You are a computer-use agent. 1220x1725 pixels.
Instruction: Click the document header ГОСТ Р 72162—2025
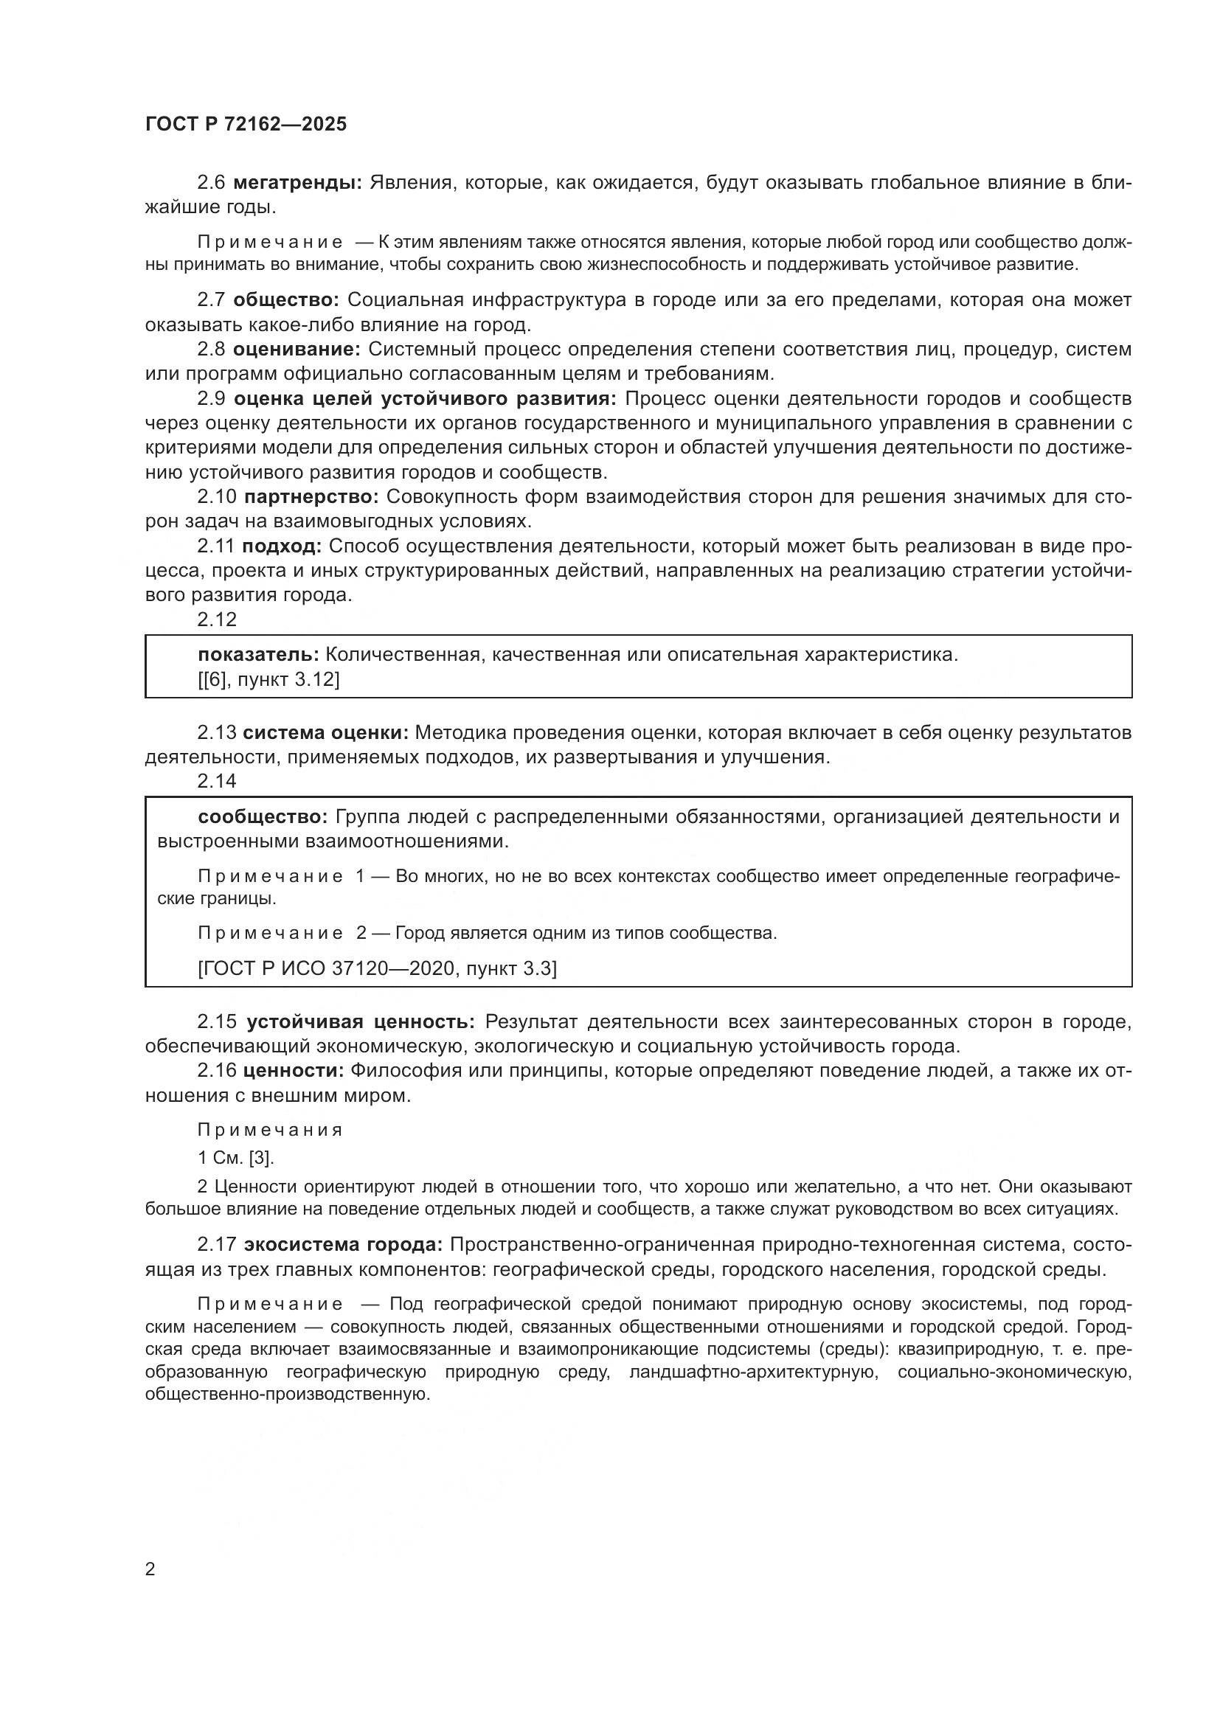pyautogui.click(x=246, y=125)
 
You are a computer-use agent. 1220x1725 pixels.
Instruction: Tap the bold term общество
pyautogui.click(x=285, y=299)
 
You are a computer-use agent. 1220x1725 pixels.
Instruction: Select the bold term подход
pyautogui.click(x=282, y=546)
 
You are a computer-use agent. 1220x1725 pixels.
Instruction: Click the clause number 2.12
pyautogui.click(x=216, y=619)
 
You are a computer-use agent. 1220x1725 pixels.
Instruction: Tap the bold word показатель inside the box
pyautogui.click(x=258, y=654)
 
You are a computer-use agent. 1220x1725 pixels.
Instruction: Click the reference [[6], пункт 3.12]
pyautogui.click(x=268, y=679)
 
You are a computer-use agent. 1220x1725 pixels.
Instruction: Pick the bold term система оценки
pyautogui.click(x=326, y=732)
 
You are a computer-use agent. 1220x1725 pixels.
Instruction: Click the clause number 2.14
pyautogui.click(x=216, y=780)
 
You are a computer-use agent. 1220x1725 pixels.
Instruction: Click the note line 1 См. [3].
pyautogui.click(x=236, y=1158)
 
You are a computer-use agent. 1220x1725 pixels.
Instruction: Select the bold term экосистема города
pyautogui.click(x=343, y=1245)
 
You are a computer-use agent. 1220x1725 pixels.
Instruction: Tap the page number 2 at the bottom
pyautogui.click(x=150, y=1569)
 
